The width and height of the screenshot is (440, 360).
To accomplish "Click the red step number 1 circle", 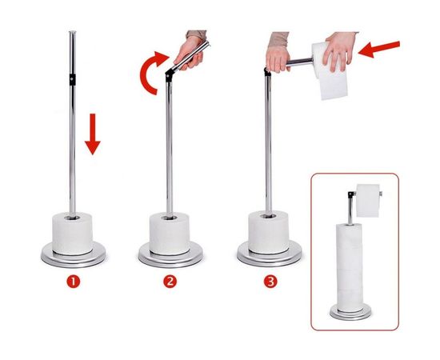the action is coord(74,282).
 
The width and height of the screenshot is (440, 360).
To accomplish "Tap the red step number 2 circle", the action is coord(170,282).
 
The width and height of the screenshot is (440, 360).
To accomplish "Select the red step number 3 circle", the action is coord(270,282).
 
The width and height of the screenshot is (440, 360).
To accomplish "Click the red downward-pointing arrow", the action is coord(93,134).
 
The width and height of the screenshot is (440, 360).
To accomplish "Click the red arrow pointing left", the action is coord(379,49).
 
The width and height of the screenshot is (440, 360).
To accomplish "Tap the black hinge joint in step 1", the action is coord(72,79).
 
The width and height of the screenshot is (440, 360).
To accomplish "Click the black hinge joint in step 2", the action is coord(169,76).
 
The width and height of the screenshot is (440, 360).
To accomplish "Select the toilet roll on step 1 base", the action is coord(72,234).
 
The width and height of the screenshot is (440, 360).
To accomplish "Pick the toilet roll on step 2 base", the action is coord(170,234).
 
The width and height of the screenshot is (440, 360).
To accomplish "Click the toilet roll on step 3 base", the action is coord(269,232).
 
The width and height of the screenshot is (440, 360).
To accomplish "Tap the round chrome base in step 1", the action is coord(74,256).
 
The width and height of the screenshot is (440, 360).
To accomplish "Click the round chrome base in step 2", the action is coord(170,256).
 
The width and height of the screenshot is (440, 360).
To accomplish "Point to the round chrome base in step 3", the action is coord(270,254).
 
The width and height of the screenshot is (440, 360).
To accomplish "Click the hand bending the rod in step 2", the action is coord(189,53).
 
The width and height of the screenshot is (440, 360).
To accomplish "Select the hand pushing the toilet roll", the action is coord(338,51).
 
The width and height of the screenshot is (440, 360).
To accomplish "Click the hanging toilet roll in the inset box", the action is coord(368,201).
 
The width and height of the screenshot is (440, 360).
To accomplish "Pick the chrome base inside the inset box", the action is coord(350,313).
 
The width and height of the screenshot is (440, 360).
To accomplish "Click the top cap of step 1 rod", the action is coord(73,33).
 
